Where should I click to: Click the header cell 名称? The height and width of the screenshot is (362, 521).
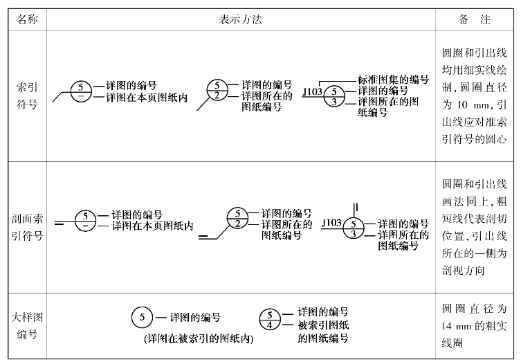click(27, 19)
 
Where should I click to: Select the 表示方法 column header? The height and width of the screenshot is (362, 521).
click(240, 19)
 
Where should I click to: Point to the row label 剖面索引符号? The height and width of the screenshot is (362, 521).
click(27, 225)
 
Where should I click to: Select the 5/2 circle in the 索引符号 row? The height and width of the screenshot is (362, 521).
click(217, 90)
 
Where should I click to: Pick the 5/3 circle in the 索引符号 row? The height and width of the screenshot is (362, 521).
click(335, 96)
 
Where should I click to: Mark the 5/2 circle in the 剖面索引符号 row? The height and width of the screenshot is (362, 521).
click(237, 218)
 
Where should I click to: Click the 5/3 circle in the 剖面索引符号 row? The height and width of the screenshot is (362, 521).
click(354, 228)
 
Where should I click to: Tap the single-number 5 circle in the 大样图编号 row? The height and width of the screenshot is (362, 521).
click(141, 318)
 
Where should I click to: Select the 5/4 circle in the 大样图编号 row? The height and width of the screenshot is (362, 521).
click(270, 319)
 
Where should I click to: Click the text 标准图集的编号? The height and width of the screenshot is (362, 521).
click(393, 80)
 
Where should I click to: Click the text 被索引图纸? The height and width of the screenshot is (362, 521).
click(322, 326)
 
